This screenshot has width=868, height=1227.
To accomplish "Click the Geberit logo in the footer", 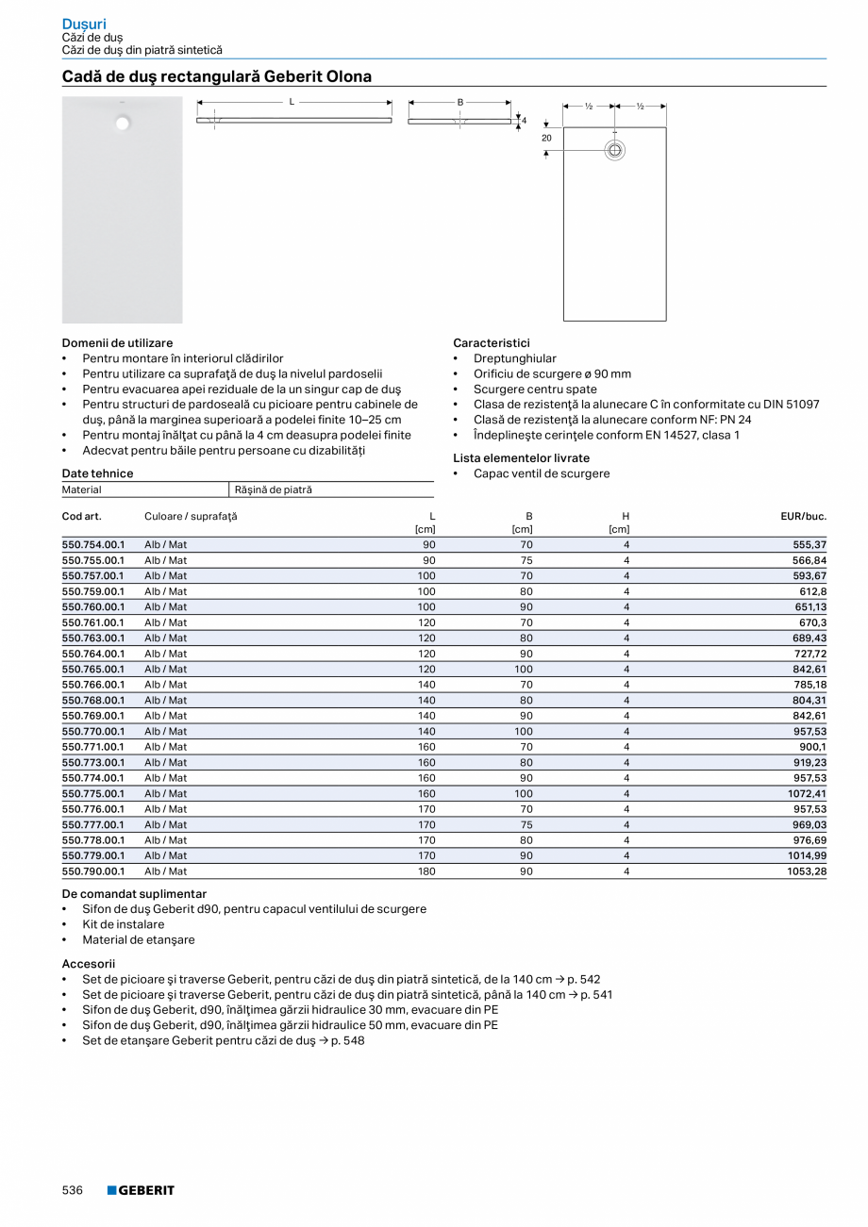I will pos(141,1190).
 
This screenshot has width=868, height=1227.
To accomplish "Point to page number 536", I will pos(73,1190).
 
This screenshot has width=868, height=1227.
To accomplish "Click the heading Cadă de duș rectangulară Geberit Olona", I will pos(216,76).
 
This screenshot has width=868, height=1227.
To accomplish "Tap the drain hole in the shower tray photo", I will pos(123,122).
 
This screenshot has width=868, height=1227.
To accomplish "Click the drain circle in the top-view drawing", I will pos(614,150).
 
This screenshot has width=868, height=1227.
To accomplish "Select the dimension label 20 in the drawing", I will pos(546,138).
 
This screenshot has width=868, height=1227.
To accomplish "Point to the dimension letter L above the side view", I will pos(292,101).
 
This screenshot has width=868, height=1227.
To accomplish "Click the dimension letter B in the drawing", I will pos(460,101).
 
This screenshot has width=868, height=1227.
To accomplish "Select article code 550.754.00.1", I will pos(93,545).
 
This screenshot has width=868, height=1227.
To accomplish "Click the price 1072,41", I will pos(808,793).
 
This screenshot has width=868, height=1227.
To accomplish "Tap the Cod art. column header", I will pos(81,517).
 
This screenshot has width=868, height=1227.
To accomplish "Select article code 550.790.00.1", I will pos(93,871).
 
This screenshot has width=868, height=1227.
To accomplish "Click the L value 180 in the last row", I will pos(426,871).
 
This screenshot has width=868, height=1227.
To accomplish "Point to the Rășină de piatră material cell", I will pos(273,489).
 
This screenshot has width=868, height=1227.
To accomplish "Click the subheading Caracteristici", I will pos(491,343).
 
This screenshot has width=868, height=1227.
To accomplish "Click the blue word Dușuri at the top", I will pos(84,24).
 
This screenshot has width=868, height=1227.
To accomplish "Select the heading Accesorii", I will pos(88,964).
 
